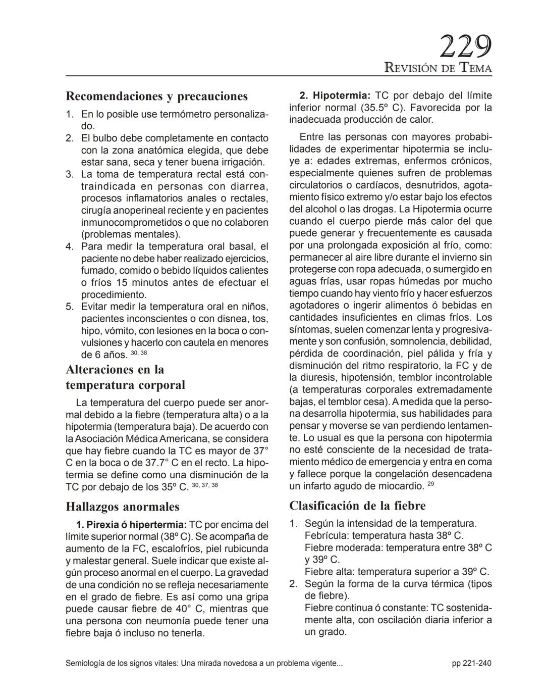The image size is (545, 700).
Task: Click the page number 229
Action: pyautogui.click(x=465, y=47)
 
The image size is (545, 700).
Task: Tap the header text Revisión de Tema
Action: pyautogui.click(x=438, y=68)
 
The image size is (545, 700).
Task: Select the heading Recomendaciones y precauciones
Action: pyautogui.click(x=157, y=96)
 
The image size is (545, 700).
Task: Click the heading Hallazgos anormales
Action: pyautogui.click(x=123, y=507)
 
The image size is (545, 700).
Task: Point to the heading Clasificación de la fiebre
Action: pyautogui.click(x=357, y=506)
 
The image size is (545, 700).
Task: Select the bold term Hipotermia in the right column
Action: pyautogui.click(x=341, y=95)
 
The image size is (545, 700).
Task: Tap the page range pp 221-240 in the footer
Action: pyautogui.click(x=471, y=663)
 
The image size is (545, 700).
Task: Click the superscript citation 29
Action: pyautogui.click(x=430, y=484)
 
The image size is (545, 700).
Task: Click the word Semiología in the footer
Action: pyautogui.click(x=86, y=663)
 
